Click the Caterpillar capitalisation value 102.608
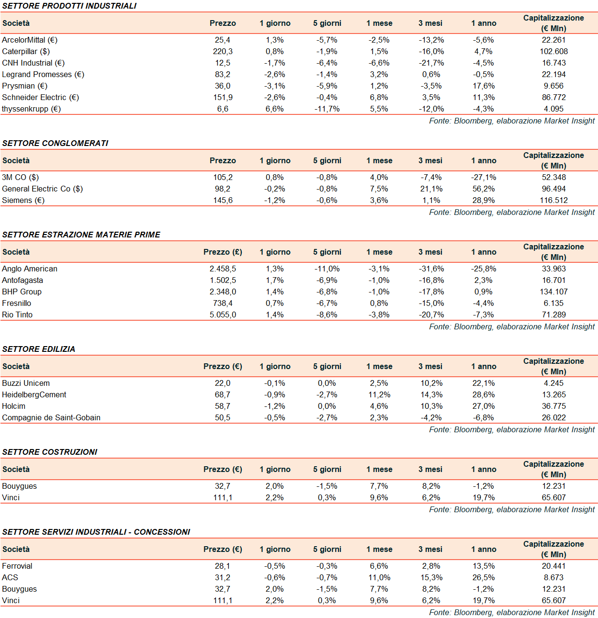tap(553, 51)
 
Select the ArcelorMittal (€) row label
tap(30, 40)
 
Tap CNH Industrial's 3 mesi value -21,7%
tap(431, 63)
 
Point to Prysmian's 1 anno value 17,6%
tap(484, 86)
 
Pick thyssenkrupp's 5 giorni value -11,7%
tap(327, 109)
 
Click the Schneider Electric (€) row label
tap(40, 97)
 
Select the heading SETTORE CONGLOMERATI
tap(55, 143)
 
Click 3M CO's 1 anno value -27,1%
tap(484, 177)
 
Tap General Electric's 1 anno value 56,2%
tap(484, 189)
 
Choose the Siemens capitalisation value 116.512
tap(553, 200)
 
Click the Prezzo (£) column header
tap(223, 252)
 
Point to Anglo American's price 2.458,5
tap(223, 269)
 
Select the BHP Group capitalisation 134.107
tap(553, 292)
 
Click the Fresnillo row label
tap(17, 303)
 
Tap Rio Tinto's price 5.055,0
tap(223, 315)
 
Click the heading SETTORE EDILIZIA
tap(39, 349)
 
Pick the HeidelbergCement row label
tap(34, 394)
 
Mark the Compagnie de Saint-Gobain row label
tap(51, 417)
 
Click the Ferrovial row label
tap(17, 566)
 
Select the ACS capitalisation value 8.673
tap(553, 577)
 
